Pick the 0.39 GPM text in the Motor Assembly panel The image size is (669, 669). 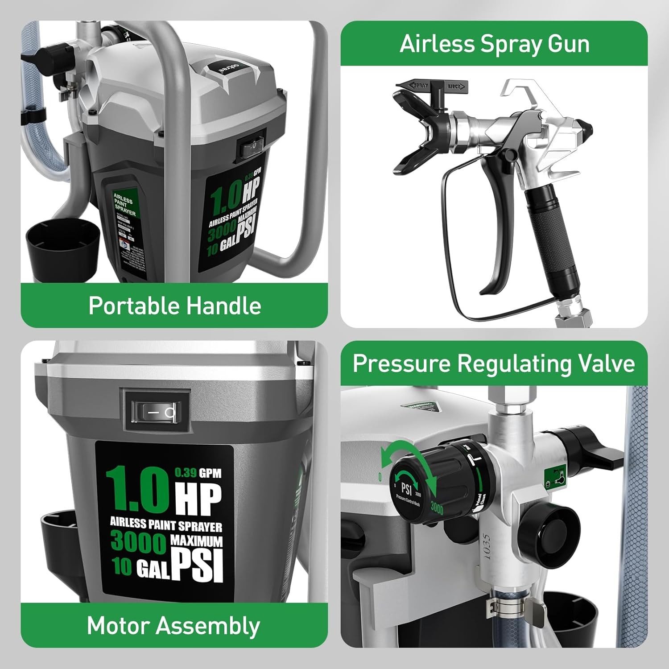[198, 473]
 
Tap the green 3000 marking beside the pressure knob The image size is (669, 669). [437, 508]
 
